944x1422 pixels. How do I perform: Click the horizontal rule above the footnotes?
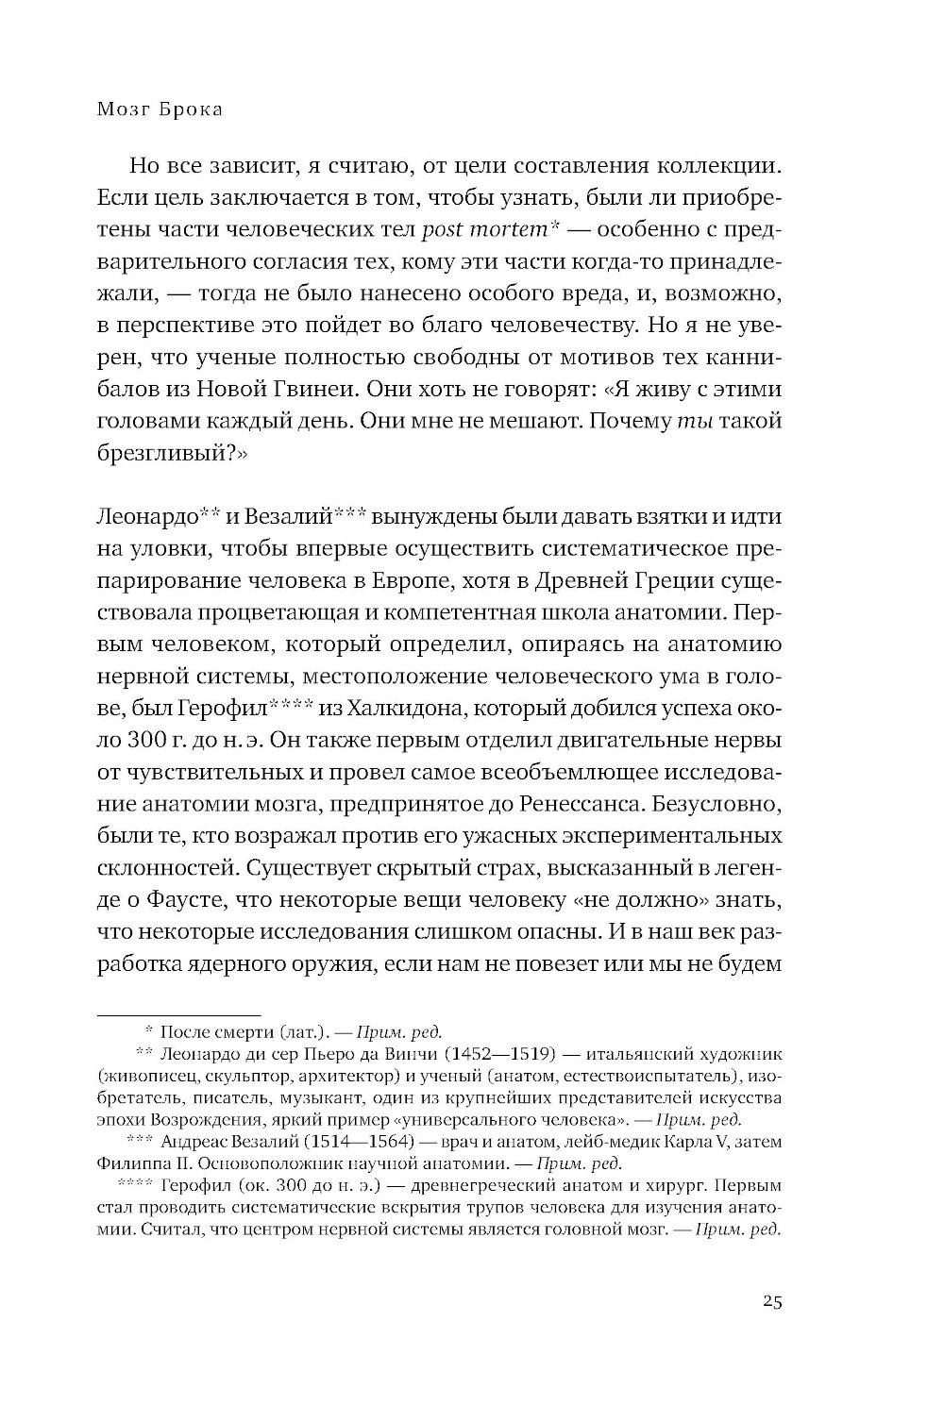click(178, 1012)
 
